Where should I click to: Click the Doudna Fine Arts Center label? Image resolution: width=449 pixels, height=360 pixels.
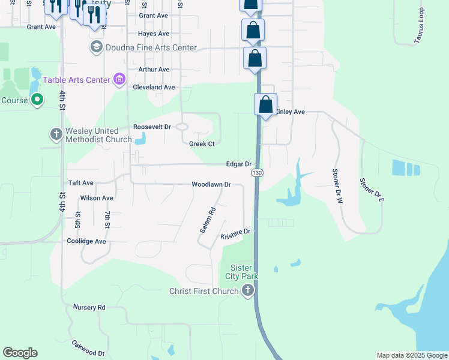151,47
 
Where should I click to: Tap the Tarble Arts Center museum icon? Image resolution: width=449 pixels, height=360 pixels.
119,79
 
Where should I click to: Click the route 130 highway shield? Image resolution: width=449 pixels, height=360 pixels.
257,173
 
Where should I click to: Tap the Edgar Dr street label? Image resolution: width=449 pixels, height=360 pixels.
238,164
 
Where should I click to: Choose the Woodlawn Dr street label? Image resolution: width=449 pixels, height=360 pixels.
211,185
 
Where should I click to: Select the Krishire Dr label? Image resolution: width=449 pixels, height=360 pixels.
235,231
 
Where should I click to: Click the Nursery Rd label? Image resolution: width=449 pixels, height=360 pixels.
89,307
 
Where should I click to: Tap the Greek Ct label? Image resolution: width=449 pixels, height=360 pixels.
202,144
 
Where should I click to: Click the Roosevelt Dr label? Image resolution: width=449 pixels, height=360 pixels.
152,127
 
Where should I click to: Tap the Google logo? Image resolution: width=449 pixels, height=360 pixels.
20,353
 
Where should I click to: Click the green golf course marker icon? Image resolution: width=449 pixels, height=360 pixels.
37,100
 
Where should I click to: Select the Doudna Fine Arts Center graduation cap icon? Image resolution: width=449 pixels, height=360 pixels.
96,47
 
